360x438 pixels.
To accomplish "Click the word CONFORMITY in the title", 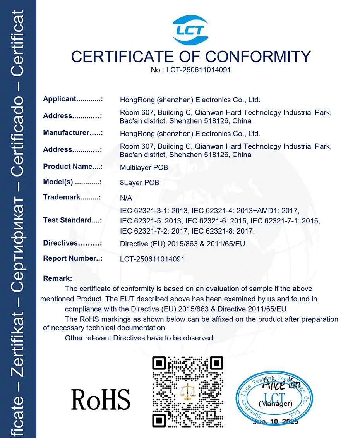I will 258,57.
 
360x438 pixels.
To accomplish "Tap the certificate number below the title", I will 191,70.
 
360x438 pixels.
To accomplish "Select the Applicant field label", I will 72,99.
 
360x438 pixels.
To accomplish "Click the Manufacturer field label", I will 72,133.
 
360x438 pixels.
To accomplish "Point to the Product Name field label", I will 72,167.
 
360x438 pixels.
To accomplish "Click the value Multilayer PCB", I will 144,168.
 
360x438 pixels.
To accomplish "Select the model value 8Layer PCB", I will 139,183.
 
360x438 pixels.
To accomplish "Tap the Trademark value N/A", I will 126,198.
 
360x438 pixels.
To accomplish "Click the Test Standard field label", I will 72,220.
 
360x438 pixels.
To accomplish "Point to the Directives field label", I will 72,243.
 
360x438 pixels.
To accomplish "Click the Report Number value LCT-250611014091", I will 152,259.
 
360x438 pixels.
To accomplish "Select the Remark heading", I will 57,278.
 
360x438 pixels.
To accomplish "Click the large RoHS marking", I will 101,400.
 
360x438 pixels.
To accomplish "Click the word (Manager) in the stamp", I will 275,404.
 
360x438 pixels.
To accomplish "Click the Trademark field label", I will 72,198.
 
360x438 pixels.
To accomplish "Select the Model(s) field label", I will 72,182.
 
